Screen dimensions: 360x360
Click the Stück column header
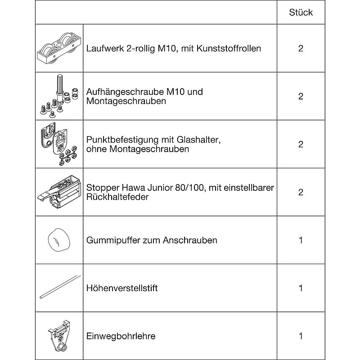301,12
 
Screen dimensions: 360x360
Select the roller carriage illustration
59,49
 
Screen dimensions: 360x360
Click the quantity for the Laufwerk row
301,48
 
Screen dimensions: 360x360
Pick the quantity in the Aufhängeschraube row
301,96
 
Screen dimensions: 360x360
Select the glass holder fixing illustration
58,144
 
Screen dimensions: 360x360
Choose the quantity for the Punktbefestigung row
301,144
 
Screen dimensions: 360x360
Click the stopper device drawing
58,192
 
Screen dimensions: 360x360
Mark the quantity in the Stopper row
301,192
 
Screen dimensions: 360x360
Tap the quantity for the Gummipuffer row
301,240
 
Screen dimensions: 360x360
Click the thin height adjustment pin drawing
59,288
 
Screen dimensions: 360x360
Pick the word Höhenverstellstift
122,288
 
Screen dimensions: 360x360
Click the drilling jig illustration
59,336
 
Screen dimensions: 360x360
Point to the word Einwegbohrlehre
121,336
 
